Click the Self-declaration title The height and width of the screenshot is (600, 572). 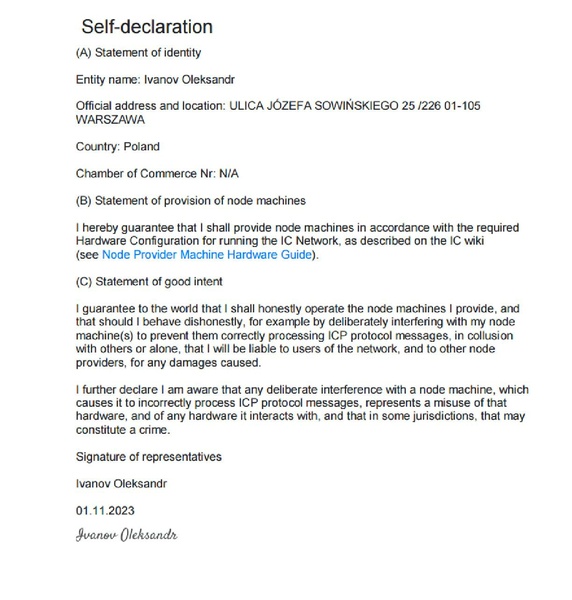[147, 26]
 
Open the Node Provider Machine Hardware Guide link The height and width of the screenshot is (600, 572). [208, 255]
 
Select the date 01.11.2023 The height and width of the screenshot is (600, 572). [104, 509]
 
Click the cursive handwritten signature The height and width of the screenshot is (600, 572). [126, 534]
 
